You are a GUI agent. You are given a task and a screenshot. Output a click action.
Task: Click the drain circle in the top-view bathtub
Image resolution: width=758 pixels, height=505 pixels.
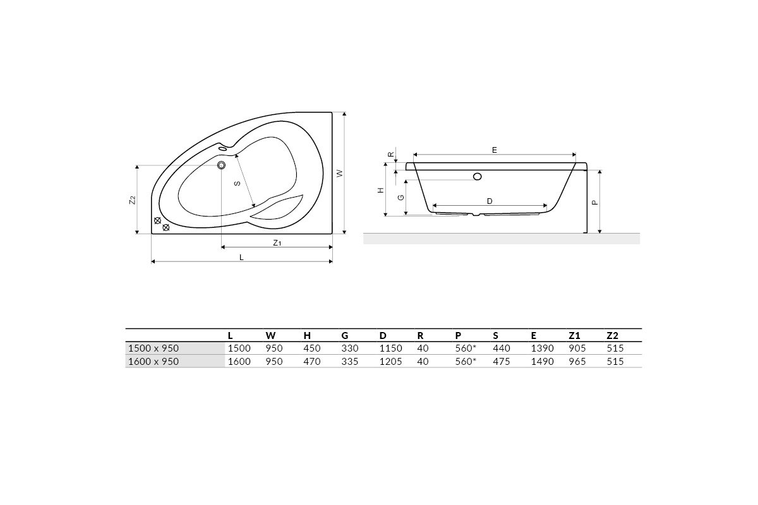point(221,165)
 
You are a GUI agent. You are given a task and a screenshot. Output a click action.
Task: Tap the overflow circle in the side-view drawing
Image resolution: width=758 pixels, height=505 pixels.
point(478,176)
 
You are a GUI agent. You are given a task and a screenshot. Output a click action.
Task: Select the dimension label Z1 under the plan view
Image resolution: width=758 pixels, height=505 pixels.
point(277,242)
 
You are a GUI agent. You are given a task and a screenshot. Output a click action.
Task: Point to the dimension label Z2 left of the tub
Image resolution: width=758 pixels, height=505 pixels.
point(133,200)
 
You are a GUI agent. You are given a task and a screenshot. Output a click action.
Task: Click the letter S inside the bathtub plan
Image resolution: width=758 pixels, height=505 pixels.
point(238,183)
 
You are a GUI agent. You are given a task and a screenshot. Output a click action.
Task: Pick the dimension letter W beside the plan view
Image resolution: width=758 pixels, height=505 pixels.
point(340,173)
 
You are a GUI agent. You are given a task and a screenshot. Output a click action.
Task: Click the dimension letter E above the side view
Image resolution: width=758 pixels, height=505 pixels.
point(495,150)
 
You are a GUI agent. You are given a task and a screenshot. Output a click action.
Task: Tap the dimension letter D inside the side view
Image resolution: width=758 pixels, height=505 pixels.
point(490,201)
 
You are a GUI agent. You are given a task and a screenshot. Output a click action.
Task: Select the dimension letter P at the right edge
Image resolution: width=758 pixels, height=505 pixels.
point(595,203)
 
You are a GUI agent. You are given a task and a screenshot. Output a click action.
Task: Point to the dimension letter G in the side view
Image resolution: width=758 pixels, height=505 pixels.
point(401,197)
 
